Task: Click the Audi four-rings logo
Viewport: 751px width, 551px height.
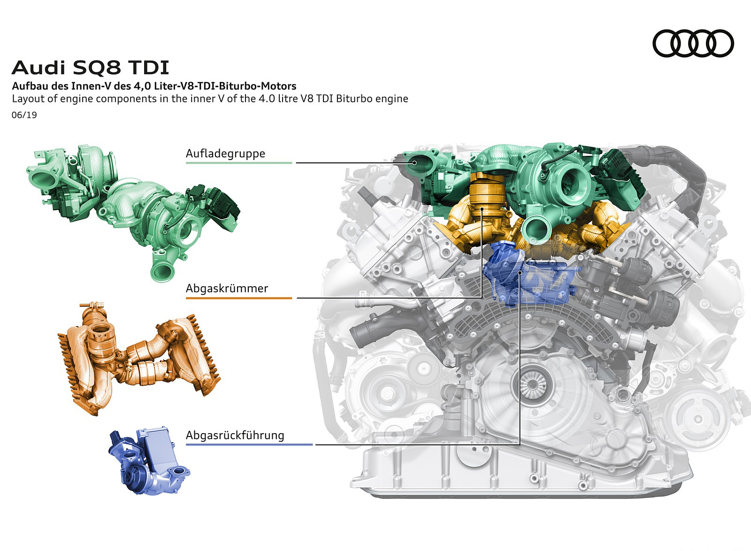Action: click(693, 44)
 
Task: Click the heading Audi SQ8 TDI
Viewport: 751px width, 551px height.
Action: click(90, 68)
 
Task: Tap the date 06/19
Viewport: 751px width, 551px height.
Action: click(24, 115)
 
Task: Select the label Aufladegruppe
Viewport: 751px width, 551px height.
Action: click(225, 153)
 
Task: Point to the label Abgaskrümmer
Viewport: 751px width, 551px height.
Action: click(227, 288)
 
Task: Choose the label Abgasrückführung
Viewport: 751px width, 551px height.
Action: click(235, 435)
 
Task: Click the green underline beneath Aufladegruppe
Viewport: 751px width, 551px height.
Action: click(239, 163)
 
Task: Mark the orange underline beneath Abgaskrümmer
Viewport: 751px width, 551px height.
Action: click(239, 298)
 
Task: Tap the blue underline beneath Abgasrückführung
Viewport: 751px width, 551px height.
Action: click(249, 445)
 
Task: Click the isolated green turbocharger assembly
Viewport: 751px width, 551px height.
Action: click(134, 211)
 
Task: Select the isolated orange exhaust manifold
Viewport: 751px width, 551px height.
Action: click(139, 359)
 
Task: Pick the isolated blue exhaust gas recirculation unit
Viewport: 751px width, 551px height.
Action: click(149, 461)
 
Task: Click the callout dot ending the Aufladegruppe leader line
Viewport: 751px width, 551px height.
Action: click(415, 163)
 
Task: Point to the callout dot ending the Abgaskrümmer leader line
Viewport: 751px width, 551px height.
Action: click(482, 209)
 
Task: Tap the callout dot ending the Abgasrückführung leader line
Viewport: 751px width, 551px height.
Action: click(520, 273)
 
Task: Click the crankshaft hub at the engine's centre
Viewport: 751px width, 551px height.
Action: click(532, 384)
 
